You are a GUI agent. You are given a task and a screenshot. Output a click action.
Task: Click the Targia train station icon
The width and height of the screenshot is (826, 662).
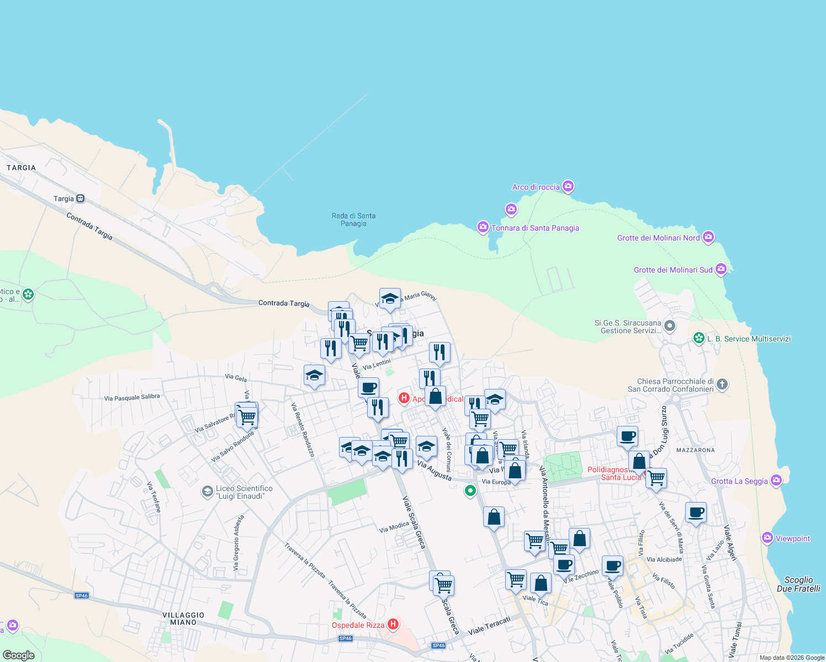tap(81, 199)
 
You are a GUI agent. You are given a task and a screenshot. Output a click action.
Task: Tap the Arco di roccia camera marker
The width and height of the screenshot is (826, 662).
tap(568, 186)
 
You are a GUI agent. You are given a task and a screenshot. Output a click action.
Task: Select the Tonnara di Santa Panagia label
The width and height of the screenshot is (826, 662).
tap(535, 228)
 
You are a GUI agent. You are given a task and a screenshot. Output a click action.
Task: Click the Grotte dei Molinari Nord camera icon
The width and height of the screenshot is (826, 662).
tap(708, 237)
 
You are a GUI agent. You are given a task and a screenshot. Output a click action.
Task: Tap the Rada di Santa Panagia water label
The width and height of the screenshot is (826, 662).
tap(353, 220)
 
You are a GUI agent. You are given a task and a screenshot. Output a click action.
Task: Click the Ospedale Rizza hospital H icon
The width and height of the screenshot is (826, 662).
tap(393, 624)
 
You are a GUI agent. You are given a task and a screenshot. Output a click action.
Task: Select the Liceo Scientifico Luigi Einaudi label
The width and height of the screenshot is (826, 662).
tap(244, 492)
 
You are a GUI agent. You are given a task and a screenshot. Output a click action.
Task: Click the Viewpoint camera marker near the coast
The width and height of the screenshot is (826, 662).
tap(767, 538)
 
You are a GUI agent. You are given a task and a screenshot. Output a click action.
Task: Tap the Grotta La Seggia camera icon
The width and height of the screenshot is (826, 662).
tap(776, 481)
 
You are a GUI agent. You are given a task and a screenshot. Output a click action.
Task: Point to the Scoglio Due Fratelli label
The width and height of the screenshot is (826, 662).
tap(798, 584)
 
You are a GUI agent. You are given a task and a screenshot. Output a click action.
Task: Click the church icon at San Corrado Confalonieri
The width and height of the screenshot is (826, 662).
tap(722, 385)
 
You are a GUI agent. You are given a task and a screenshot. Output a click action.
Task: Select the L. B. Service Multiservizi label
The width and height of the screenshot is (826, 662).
tap(749, 339)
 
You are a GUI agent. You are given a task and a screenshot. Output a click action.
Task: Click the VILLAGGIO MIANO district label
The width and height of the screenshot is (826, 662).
tap(183, 618)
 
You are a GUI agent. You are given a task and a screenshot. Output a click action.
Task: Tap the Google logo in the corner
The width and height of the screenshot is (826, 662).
tap(18, 655)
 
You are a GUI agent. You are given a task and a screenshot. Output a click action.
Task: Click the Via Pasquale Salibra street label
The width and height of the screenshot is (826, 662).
tap(132, 397)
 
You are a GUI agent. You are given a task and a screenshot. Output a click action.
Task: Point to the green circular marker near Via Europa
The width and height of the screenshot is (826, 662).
tap(470, 490)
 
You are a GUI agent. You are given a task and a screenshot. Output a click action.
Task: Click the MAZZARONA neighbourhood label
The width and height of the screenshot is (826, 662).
tap(695, 450)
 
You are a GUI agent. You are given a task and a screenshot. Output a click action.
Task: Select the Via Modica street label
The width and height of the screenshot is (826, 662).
tap(394, 527)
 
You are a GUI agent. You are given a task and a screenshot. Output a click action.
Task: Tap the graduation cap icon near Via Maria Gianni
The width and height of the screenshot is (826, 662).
tap(390, 298)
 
